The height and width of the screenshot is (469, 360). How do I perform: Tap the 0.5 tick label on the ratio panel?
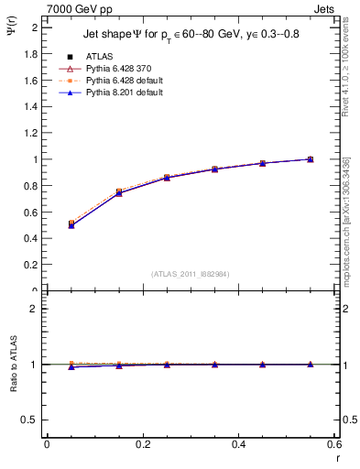30,420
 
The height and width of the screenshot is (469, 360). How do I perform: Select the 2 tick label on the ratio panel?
34,309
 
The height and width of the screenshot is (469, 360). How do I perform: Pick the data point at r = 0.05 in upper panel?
71,224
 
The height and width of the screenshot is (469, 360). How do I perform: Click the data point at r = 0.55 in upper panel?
311,159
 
